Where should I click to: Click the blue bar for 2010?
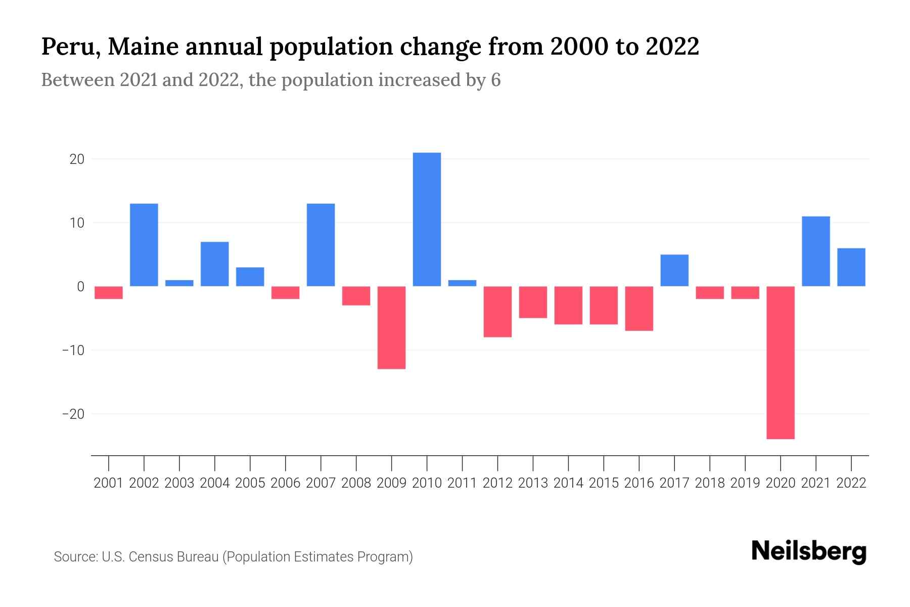click(x=427, y=220)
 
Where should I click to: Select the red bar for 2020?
click(x=781, y=362)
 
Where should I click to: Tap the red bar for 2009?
click(x=391, y=327)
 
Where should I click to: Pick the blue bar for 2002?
click(x=144, y=245)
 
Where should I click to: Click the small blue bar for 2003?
click(x=179, y=283)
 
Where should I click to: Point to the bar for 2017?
click(x=674, y=270)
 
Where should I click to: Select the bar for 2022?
click(x=851, y=267)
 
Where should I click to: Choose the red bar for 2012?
click(x=497, y=312)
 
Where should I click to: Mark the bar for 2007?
click(x=321, y=245)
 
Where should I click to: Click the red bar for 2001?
click(x=109, y=292)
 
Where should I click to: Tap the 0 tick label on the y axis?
click(x=80, y=287)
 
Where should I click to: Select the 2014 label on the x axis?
click(x=568, y=483)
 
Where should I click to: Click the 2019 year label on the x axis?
click(x=745, y=483)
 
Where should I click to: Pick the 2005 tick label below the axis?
click(x=250, y=483)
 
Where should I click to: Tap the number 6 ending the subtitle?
click(x=495, y=80)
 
